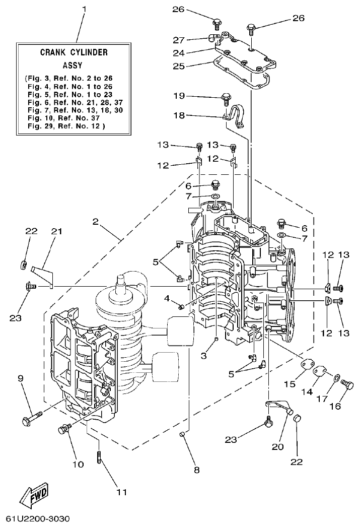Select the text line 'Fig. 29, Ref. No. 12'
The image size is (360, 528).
click(x=66, y=125)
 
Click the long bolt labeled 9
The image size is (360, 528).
click(x=33, y=416)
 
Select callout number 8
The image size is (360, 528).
click(x=196, y=470)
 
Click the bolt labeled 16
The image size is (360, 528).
click(x=347, y=385)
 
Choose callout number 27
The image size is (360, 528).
click(x=192, y=39)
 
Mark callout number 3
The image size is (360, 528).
click(x=204, y=356)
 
